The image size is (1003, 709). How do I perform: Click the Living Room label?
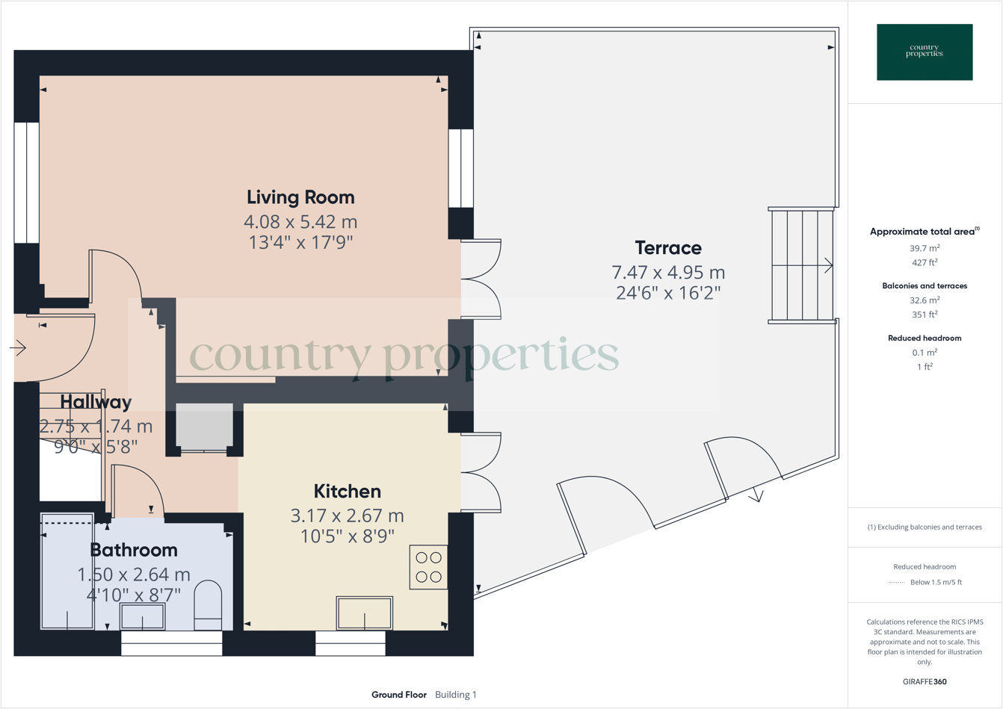pyautogui.click(x=300, y=197)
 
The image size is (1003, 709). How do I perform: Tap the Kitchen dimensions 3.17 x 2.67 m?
pyautogui.click(x=347, y=516)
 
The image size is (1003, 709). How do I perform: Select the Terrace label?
pyautogui.click(x=668, y=248)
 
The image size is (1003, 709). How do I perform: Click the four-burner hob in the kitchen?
pyautogui.click(x=428, y=567)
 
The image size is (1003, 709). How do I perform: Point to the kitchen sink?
pyautogui.click(x=364, y=613)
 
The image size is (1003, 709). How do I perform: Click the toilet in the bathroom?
pyautogui.click(x=208, y=606)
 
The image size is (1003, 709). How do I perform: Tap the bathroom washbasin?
pyautogui.click(x=143, y=617)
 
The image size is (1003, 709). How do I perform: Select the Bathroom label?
pyautogui.click(x=134, y=550)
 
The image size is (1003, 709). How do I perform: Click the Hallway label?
pyautogui.click(x=96, y=402)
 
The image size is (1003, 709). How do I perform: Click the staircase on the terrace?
pyautogui.click(x=802, y=265)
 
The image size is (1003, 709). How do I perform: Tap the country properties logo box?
pyautogui.click(x=925, y=52)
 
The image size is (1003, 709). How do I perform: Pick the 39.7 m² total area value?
pyautogui.click(x=925, y=248)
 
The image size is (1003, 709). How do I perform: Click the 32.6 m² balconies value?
pyautogui.click(x=925, y=300)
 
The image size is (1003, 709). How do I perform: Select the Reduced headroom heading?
pyautogui.click(x=925, y=338)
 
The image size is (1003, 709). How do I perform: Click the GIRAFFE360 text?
pyautogui.click(x=925, y=681)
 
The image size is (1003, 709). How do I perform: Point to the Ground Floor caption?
pyautogui.click(x=399, y=695)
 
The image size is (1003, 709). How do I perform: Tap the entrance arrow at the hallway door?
pyautogui.click(x=18, y=347)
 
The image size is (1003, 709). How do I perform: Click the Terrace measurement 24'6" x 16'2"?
pyautogui.click(x=668, y=293)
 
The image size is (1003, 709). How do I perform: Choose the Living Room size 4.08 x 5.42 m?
pyautogui.click(x=300, y=222)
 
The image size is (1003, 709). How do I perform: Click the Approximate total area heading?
pyautogui.click(x=924, y=232)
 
